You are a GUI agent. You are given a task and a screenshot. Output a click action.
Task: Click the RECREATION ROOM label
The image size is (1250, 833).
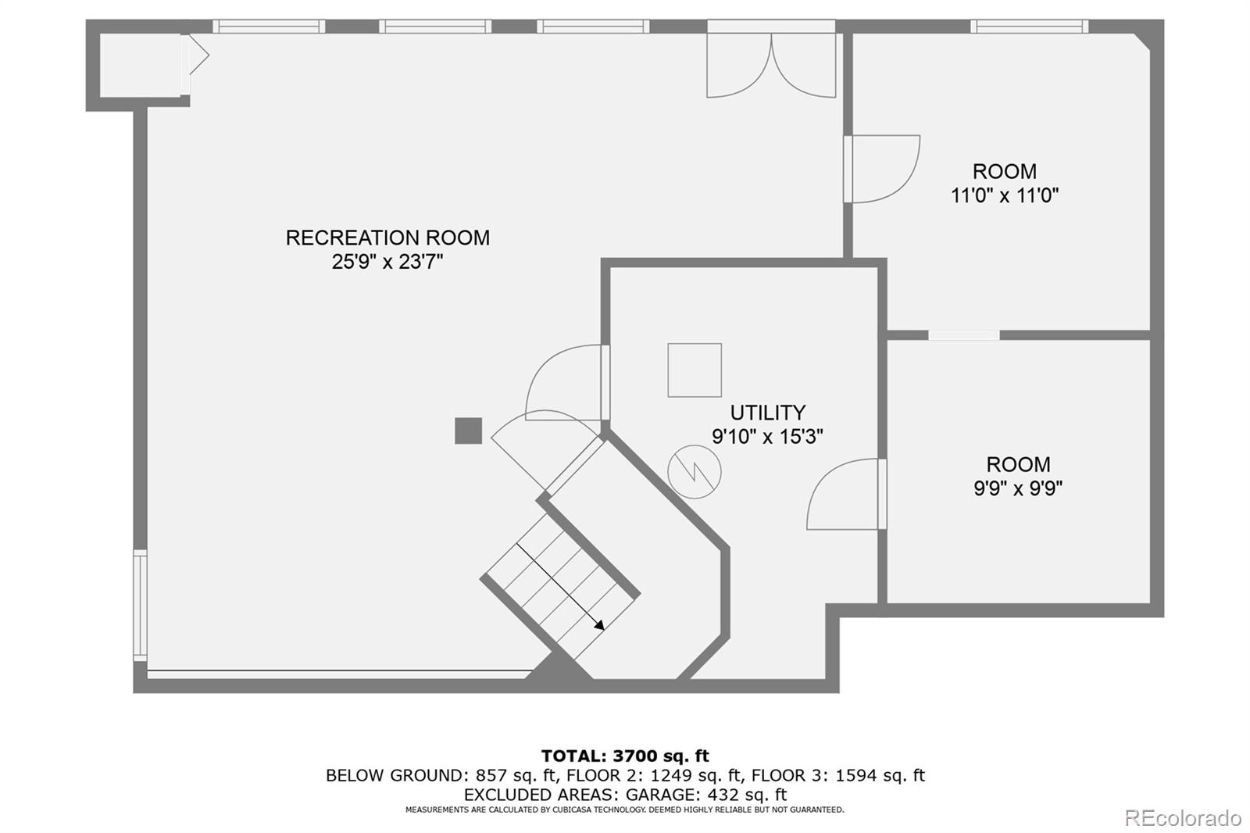387,238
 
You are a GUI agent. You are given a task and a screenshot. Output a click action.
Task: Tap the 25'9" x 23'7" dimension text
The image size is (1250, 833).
387,262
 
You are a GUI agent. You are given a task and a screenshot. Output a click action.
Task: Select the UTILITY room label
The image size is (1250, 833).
768,413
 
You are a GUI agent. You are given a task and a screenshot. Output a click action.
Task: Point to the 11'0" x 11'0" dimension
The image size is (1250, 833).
1005,195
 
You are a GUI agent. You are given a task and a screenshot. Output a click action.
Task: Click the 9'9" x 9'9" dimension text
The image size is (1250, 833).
1018,488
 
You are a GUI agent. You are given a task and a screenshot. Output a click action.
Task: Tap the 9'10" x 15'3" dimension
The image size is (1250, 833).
767,437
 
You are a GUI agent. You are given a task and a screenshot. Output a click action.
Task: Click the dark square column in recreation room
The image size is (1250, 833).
468,431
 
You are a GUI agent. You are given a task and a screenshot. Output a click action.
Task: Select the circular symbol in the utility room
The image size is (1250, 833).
695,472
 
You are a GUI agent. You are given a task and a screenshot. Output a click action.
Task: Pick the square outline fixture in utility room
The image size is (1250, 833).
695,370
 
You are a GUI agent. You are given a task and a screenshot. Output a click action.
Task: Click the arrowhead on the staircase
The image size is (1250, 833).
599,625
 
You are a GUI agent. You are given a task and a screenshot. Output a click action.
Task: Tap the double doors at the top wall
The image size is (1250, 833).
771,59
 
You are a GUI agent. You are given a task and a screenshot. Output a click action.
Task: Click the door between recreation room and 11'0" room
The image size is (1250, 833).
882,169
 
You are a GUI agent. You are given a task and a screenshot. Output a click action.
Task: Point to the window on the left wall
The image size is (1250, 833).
140,606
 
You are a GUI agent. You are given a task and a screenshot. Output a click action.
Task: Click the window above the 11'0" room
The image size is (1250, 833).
1030,27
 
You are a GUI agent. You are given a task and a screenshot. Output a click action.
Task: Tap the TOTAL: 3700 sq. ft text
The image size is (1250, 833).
625,756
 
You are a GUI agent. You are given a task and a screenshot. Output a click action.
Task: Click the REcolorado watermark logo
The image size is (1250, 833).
1183,818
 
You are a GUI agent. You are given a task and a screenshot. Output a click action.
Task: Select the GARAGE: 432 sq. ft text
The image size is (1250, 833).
706,795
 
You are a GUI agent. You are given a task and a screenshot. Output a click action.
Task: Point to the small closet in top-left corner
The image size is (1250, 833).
140,66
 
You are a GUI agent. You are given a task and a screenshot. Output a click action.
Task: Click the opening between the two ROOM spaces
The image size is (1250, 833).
964,335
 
